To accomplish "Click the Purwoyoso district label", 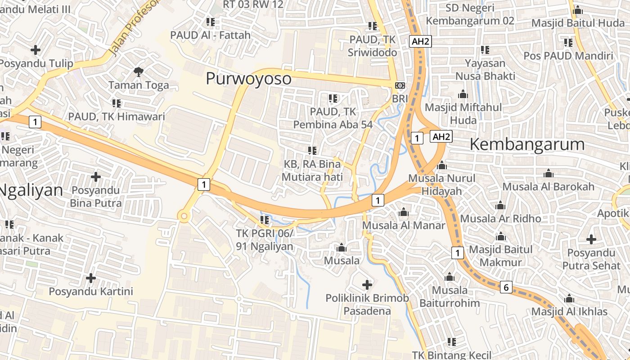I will [x=248, y=79].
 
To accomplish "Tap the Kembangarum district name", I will [x=527, y=144].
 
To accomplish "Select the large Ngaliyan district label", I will [x=31, y=190].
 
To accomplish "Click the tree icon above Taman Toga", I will [x=138, y=71].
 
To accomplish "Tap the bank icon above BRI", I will [x=399, y=85].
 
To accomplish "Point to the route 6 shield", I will [x=506, y=287].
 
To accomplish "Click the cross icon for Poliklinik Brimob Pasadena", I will [x=367, y=284].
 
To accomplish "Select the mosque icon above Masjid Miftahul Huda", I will [x=463, y=94].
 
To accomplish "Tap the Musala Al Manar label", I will [x=404, y=225].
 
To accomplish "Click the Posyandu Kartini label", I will [x=91, y=291].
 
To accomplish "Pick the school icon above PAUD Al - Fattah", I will [x=210, y=22].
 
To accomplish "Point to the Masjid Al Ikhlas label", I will [x=569, y=311].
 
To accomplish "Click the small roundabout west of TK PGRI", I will [x=183, y=216].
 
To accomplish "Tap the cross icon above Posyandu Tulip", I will [x=36, y=49].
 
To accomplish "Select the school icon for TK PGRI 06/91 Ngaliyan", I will [x=265, y=220].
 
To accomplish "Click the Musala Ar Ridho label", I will [x=500, y=218].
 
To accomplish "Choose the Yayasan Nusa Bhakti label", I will [x=485, y=69].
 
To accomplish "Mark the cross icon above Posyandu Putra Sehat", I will [x=591, y=239].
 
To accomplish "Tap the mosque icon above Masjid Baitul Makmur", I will [x=500, y=237].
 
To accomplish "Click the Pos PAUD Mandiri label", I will [x=568, y=56].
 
